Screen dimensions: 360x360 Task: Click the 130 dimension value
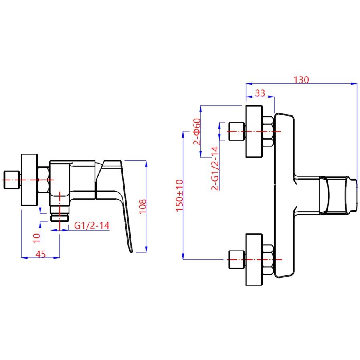tap(301, 79)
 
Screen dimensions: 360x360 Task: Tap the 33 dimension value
tap(260, 93)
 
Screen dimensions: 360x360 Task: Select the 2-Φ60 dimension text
tap(196, 131)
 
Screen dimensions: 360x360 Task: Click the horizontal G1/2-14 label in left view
tap(92, 226)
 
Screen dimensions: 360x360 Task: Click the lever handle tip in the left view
tap(131, 249)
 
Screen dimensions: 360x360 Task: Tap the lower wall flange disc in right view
tap(254, 260)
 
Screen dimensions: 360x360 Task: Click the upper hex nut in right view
tap(268, 131)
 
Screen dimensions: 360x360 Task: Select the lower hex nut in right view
tap(268, 260)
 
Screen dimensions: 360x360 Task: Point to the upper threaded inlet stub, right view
tap(236, 131)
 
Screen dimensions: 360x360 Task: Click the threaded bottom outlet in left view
tap(60, 216)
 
